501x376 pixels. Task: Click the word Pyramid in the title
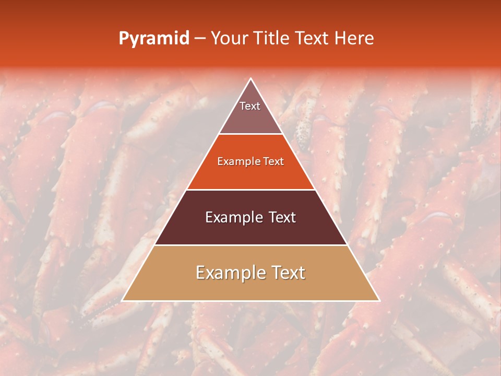153,39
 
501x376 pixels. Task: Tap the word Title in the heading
273,38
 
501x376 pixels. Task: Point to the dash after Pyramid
200,39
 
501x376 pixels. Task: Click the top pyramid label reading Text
250,106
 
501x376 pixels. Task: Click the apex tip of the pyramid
251,79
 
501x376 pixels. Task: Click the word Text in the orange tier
273,161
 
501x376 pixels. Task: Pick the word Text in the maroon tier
282,217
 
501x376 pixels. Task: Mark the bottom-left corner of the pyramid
123,300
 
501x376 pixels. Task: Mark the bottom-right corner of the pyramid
379,300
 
